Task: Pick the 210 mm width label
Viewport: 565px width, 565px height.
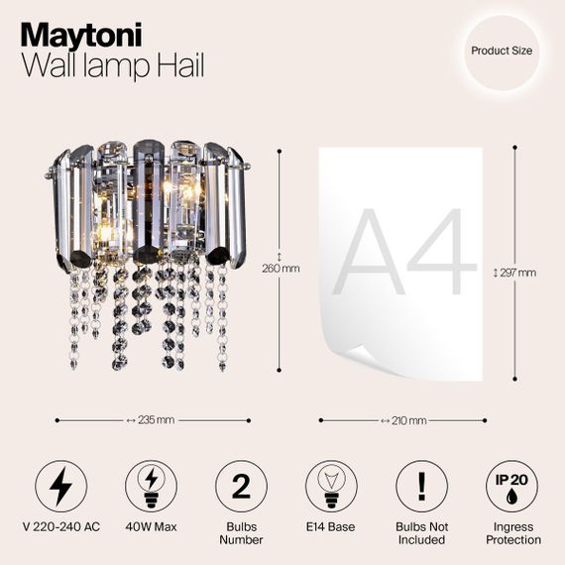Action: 403,420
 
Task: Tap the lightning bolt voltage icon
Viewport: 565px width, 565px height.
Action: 61,487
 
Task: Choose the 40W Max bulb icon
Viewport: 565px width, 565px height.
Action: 152,487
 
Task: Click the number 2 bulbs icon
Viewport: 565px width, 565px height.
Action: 241,487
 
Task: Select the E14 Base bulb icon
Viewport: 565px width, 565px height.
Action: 330,487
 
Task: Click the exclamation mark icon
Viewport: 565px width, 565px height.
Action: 420,487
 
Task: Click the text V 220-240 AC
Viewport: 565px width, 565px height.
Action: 61,526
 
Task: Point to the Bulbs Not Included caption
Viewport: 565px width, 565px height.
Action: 420,533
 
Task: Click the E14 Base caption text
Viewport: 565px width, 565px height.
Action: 330,526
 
